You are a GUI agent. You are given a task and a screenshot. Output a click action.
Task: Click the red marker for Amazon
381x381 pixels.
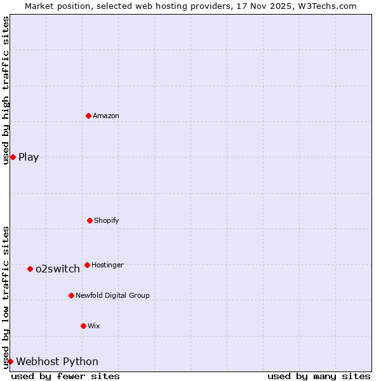click(88, 116)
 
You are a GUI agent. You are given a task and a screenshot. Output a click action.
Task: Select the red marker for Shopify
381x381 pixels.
click(90, 220)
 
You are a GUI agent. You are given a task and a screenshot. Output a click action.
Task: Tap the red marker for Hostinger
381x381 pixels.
click(87, 265)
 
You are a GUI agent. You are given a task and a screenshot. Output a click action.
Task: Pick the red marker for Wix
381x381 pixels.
click(83, 326)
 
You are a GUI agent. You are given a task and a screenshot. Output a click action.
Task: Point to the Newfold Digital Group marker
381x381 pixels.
click(71, 295)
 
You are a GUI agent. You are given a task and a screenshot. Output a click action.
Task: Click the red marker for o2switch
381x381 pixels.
click(30, 269)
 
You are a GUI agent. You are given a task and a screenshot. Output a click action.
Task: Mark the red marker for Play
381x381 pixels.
click(13, 157)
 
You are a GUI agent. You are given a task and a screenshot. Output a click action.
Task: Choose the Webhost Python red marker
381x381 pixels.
click(10, 361)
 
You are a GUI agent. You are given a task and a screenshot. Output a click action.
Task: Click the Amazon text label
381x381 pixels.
click(106, 116)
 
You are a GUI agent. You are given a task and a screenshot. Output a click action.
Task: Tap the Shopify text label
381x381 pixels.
click(107, 220)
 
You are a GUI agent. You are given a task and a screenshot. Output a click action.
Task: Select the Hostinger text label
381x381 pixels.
click(107, 265)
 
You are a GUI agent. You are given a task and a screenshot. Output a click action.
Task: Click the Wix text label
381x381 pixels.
click(94, 326)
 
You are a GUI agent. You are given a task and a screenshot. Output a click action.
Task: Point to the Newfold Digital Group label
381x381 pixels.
click(112, 295)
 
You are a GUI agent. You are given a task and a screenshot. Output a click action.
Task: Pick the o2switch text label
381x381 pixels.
click(58, 269)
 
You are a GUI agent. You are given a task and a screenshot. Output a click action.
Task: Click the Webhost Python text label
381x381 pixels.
click(57, 361)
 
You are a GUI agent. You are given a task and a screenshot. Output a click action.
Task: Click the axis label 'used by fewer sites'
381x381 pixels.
click(65, 376)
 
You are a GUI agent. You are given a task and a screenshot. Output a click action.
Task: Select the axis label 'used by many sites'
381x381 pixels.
click(319, 376)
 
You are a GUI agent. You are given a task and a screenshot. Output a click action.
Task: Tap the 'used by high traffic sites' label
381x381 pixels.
click(6, 90)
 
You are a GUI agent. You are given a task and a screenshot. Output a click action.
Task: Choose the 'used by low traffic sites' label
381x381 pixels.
click(6, 297)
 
